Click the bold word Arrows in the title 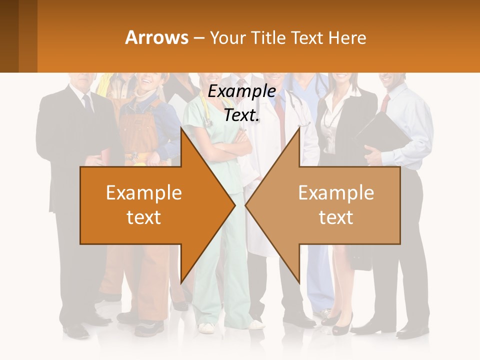pyautogui.click(x=156, y=37)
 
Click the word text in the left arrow pyautogui.click(x=143, y=217)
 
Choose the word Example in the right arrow pyautogui.click(x=336, y=192)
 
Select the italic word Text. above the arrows pyautogui.click(x=242, y=115)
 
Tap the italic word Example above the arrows pyautogui.click(x=242, y=91)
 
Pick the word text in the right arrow pyautogui.click(x=336, y=217)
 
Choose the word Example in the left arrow pyautogui.click(x=143, y=192)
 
